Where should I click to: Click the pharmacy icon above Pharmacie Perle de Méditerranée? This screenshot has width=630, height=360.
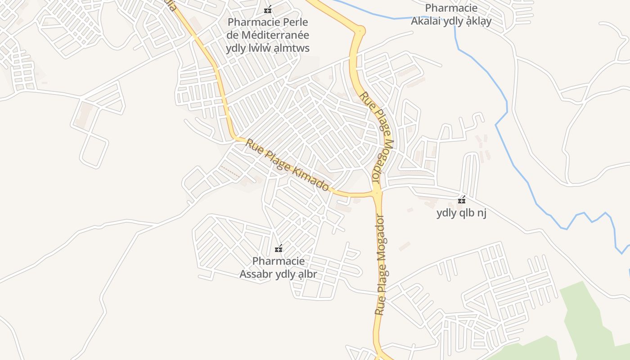tap(268, 9)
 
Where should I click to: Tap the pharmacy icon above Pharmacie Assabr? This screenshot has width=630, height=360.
tap(279, 248)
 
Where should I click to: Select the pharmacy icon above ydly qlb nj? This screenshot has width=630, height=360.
tap(461, 200)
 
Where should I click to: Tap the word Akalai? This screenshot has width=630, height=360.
tap(426, 21)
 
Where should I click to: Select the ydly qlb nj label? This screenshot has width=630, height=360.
tap(461, 213)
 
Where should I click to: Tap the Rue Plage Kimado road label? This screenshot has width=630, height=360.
tap(287, 164)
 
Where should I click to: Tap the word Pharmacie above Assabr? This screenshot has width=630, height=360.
tap(278, 261)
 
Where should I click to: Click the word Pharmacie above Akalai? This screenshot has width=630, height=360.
tap(451, 8)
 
